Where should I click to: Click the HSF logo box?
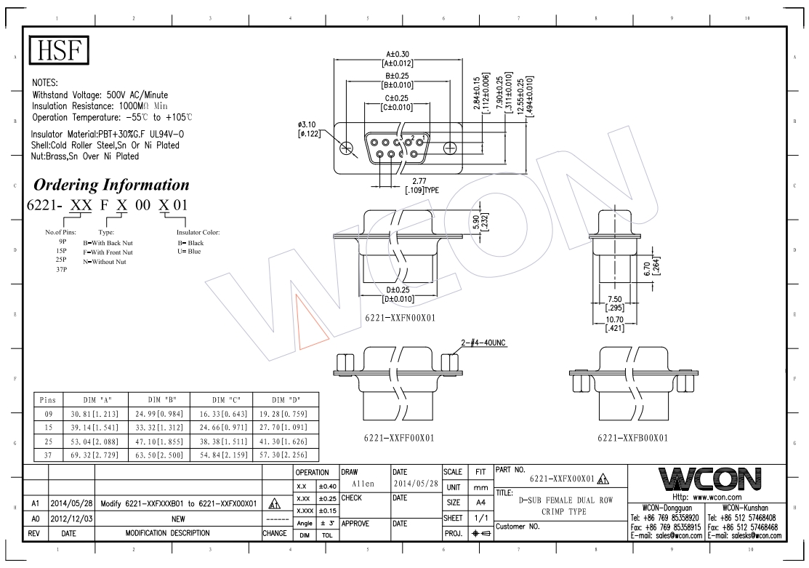[59, 50]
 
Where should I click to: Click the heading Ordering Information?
[111, 185]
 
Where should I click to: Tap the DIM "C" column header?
[222, 400]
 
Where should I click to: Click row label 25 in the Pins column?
[48, 441]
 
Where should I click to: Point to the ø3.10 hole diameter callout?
[309, 129]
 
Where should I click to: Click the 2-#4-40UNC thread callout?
[483, 343]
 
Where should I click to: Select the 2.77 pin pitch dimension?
[420, 185]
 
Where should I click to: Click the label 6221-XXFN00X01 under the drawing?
[401, 318]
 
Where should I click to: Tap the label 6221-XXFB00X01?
[632, 438]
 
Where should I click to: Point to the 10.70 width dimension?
[614, 324]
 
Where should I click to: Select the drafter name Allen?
[363, 484]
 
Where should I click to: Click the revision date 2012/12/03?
[72, 519]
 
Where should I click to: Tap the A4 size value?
[480, 502]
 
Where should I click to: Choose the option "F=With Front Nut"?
[108, 252]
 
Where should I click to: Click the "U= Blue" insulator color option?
[190, 252]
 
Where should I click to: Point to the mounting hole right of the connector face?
[451, 148]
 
